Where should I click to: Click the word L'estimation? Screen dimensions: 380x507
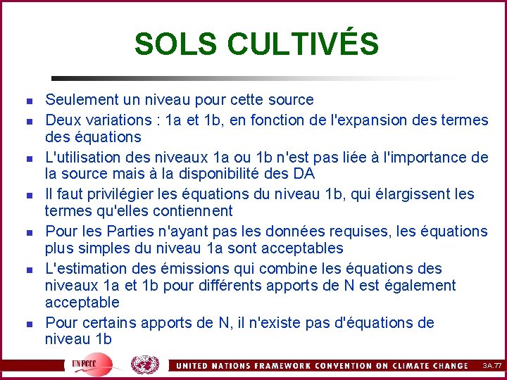pos(85,268)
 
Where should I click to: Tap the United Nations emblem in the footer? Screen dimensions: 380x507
pos(144,365)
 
